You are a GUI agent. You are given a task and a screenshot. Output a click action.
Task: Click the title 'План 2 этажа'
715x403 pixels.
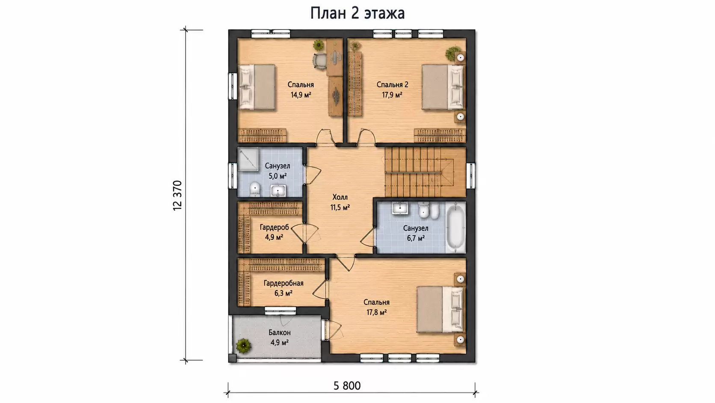(357, 13)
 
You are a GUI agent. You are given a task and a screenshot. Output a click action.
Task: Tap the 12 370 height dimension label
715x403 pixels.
(177, 195)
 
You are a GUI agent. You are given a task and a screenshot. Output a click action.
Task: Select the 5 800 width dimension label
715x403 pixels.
(347, 386)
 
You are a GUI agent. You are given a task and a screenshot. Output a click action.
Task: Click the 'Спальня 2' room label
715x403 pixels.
(392, 85)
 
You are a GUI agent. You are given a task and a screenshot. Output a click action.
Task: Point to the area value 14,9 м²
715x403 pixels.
(301, 95)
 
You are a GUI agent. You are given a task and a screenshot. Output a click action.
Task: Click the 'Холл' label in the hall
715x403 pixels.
(340, 197)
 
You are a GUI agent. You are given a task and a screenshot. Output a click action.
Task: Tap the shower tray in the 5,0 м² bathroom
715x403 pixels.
(248, 159)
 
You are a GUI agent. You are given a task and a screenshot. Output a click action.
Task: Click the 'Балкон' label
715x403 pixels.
(280, 333)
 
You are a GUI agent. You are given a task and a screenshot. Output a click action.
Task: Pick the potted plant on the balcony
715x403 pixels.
(244, 346)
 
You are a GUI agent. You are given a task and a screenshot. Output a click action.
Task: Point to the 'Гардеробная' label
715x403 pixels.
(284, 283)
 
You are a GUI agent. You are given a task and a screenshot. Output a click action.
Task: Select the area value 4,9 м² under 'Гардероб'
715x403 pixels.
(274, 237)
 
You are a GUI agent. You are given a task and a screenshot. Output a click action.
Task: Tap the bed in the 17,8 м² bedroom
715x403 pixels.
(440, 309)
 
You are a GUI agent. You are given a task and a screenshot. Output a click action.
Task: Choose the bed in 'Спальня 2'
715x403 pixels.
(443, 87)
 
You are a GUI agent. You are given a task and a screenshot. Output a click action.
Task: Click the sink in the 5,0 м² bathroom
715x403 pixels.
(278, 191)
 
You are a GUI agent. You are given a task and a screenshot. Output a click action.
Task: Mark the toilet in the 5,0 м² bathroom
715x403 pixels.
(255, 189)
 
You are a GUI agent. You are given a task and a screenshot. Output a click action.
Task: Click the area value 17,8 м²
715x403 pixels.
(377, 312)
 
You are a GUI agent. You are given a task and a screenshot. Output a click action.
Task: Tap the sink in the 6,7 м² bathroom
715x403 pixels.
(400, 208)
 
